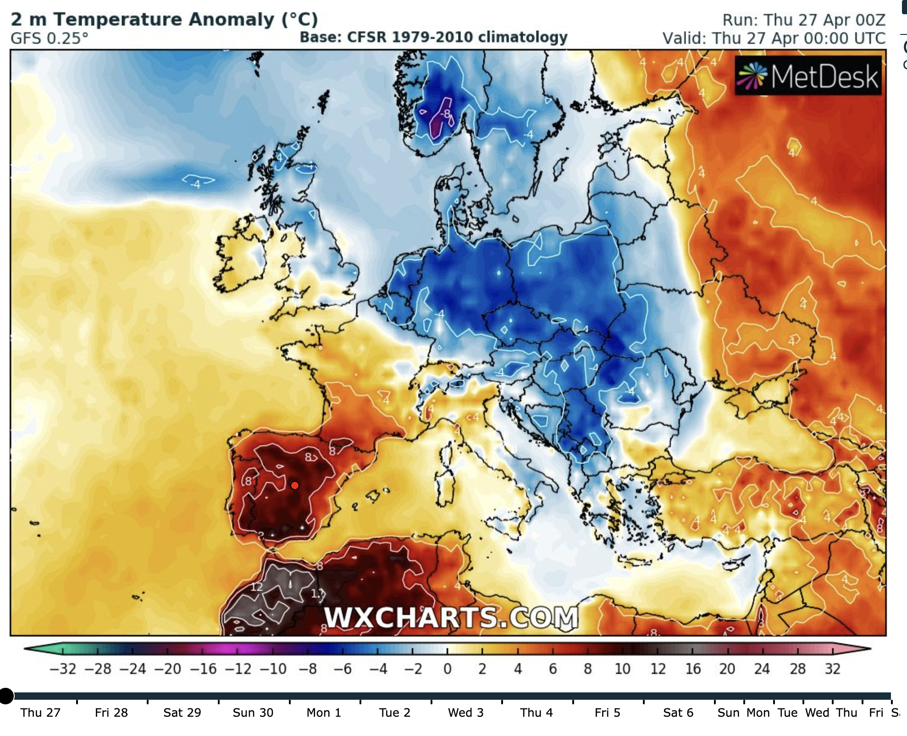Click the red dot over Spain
pyautogui.click(x=295, y=485)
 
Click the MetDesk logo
pyautogui.click(x=808, y=76)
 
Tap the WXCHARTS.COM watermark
pyautogui.click(x=451, y=617)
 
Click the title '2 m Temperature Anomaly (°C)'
pyautogui.click(x=164, y=20)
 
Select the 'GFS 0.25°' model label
pyautogui.click(x=49, y=39)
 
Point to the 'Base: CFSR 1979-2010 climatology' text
pyautogui.click(x=433, y=37)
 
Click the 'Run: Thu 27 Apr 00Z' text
pyautogui.click(x=803, y=20)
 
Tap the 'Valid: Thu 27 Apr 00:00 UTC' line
pyautogui.click(x=774, y=39)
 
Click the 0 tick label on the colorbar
pyautogui.click(x=448, y=669)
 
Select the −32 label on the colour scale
pyautogui.click(x=63, y=669)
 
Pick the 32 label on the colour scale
pyautogui.click(x=833, y=669)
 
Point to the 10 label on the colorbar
pyautogui.click(x=622, y=669)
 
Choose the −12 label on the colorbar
pyautogui.click(x=238, y=669)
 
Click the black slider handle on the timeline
pyautogui.click(x=6, y=696)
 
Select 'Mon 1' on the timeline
pyautogui.click(x=324, y=713)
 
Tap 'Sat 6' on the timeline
pyautogui.click(x=678, y=713)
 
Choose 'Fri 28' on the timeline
pyautogui.click(x=111, y=713)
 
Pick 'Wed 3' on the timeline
pyautogui.click(x=465, y=713)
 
